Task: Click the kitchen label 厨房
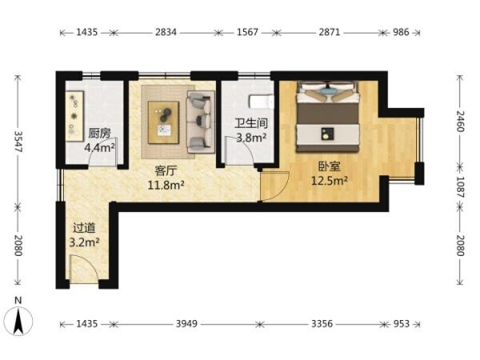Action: (x=99, y=134)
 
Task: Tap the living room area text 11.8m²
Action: (x=166, y=186)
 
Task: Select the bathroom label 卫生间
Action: (x=251, y=123)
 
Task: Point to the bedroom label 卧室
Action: (x=330, y=167)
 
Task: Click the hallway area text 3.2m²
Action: (x=84, y=242)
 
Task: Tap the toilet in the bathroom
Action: (x=262, y=102)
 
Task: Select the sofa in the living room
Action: (x=201, y=122)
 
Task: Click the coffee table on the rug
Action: (x=163, y=122)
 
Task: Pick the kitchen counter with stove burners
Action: (x=74, y=116)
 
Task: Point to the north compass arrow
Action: (x=18, y=322)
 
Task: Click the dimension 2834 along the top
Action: (x=166, y=32)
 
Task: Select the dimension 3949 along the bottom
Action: (x=186, y=323)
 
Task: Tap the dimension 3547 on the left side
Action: (x=18, y=142)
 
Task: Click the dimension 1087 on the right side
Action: (x=460, y=186)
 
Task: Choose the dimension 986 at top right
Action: (x=401, y=32)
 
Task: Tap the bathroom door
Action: (x=238, y=151)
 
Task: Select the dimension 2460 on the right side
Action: (x=460, y=122)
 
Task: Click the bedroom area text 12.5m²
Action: (x=330, y=181)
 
